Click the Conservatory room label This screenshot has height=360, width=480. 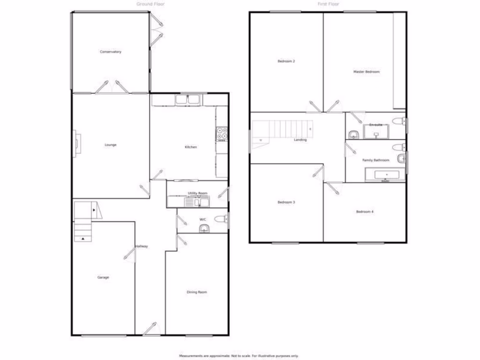[111, 52]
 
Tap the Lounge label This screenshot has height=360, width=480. [111, 145]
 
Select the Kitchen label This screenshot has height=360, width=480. [191, 147]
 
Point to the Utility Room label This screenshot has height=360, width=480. [197, 193]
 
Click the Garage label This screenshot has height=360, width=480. [103, 277]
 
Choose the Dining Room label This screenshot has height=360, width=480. [197, 292]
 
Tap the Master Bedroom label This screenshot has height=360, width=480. [366, 72]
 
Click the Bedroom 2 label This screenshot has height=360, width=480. [286, 61]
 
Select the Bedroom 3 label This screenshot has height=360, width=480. [286, 202]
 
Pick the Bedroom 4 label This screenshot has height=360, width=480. [365, 212]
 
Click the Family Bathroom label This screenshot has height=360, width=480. [375, 160]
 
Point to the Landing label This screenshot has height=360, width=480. [300, 140]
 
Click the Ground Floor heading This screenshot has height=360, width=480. [150, 4]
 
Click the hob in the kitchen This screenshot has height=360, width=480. [222, 135]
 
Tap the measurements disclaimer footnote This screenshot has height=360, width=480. [239, 356]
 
